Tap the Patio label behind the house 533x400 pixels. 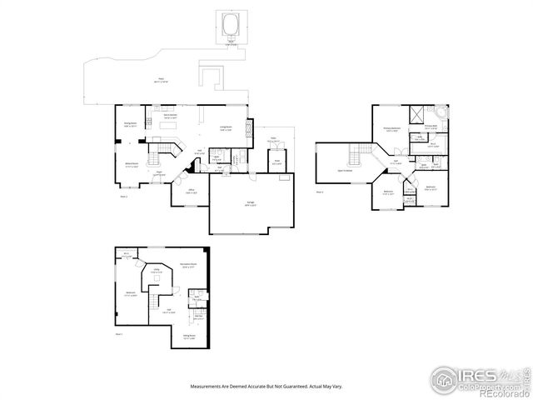point(159,82)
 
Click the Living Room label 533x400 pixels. point(225,127)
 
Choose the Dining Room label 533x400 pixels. point(130,124)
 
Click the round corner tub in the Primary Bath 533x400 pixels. point(441,115)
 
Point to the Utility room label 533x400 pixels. point(156,271)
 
